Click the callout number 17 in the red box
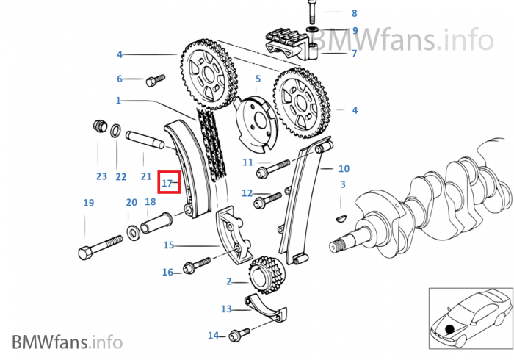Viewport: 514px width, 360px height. pos(167,183)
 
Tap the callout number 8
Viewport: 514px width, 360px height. pos(354,13)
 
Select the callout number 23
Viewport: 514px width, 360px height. pos(101,176)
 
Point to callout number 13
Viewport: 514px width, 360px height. pos(226,309)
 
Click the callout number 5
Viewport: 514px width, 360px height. pos(258,79)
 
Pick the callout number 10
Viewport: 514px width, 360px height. pos(344,168)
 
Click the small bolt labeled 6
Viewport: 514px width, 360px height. pos(156,80)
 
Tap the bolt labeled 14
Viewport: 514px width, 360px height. pos(239,335)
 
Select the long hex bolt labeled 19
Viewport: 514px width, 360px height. pos(101,248)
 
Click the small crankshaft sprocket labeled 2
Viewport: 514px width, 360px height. pos(267,276)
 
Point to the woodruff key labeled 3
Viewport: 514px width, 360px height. pos(341,219)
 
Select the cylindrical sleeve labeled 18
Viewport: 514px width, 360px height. pos(156,223)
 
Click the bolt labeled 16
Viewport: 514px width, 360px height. pos(197,265)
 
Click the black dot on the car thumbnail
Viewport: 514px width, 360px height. pos(449,329)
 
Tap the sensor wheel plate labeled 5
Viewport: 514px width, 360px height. pos(256,123)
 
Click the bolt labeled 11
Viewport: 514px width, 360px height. pos(273,169)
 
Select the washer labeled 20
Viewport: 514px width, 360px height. pos(133,233)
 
